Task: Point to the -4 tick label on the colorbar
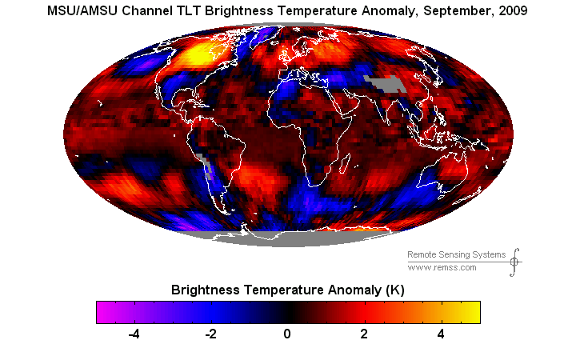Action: [x=133, y=334]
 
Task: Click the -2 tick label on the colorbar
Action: [x=210, y=334]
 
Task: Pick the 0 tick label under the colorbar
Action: [x=288, y=334]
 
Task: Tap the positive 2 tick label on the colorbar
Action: [x=364, y=334]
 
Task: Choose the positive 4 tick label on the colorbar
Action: [x=441, y=334]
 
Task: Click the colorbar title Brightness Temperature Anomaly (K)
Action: [x=288, y=290]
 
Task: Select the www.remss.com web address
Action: [x=442, y=267]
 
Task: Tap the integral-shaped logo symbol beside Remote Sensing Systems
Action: [x=514, y=261]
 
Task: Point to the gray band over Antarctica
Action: [x=288, y=238]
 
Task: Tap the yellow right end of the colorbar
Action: [x=474, y=311]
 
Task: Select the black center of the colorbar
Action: [x=288, y=311]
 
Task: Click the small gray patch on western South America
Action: [x=203, y=165]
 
